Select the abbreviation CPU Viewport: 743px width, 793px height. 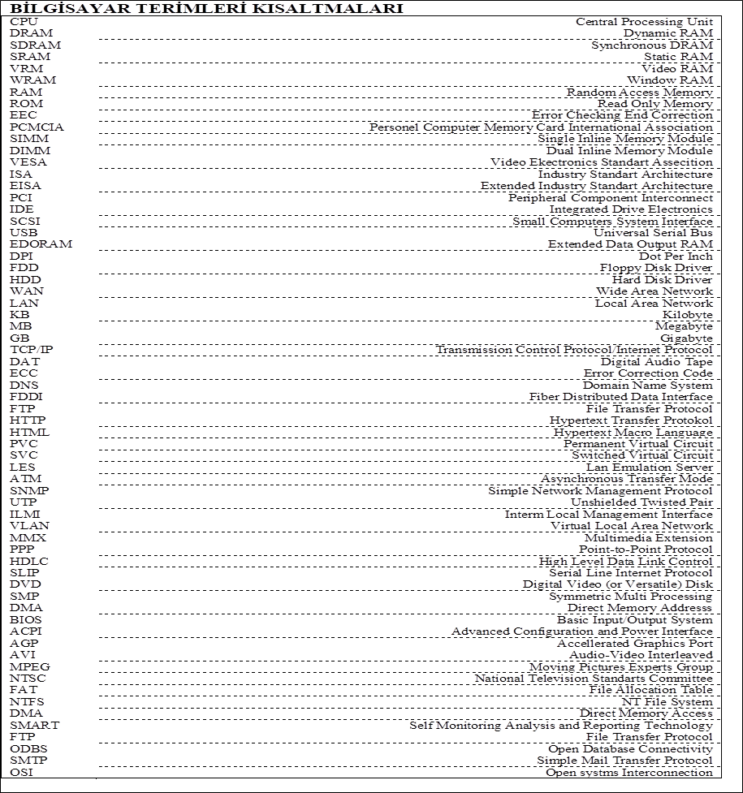pyautogui.click(x=24, y=21)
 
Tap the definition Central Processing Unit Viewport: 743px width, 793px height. pyautogui.click(x=644, y=21)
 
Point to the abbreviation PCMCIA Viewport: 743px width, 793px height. pyautogui.click(x=37, y=127)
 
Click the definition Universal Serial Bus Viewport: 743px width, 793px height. pyautogui.click(x=653, y=232)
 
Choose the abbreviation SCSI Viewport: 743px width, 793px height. pyautogui.click(x=24, y=221)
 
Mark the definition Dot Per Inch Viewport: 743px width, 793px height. pyautogui.click(x=676, y=256)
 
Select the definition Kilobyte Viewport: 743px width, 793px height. pyautogui.click(x=687, y=314)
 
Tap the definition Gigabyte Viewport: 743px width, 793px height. pyautogui.click(x=686, y=338)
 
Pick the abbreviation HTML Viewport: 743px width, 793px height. pyautogui.click(x=29, y=432)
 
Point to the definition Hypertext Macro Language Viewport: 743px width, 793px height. pyautogui.click(x=633, y=432)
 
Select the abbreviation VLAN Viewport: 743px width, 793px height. pyautogui.click(x=29, y=526)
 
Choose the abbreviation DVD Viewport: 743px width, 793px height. pyautogui.click(x=25, y=584)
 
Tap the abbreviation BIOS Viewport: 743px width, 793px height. pyautogui.click(x=26, y=619)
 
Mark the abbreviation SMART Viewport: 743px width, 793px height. pyautogui.click(x=34, y=725)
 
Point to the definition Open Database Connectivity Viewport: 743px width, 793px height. pyautogui.click(x=630, y=748)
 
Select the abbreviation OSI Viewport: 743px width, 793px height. pyautogui.click(x=22, y=772)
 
